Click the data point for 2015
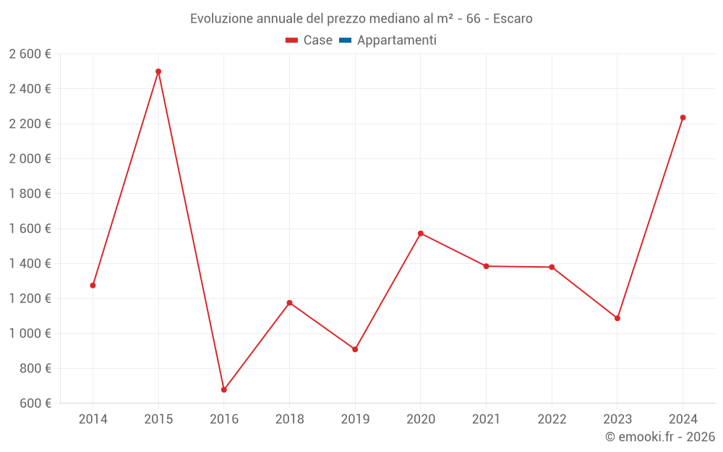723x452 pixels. click(158, 72)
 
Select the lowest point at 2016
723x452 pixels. click(224, 390)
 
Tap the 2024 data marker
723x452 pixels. click(683, 118)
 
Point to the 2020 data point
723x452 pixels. click(421, 234)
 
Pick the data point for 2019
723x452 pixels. click(355, 349)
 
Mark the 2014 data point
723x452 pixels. click(93, 286)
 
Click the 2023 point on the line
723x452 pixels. click(617, 318)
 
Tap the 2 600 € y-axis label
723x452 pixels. click(30, 54)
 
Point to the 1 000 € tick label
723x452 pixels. click(30, 333)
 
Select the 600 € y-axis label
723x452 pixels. click(34, 404)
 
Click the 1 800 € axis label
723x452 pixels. click(30, 194)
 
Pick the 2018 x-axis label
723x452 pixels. click(289, 419)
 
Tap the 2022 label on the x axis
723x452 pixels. click(552, 419)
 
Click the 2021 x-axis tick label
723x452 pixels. click(486, 419)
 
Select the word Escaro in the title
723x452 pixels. click(513, 19)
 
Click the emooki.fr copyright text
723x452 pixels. click(660, 437)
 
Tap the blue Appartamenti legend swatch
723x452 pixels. click(345, 40)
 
